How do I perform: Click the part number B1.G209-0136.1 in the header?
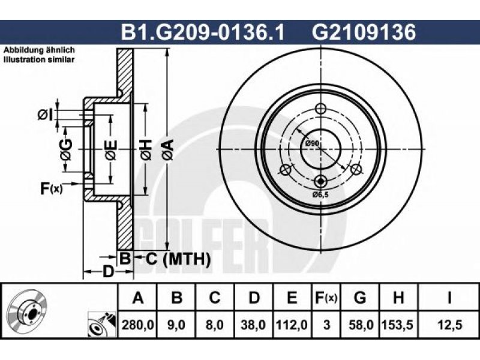tap(203, 32)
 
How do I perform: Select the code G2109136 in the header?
tap(364, 32)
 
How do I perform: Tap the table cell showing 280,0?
tap(138, 325)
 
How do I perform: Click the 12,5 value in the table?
tap(449, 325)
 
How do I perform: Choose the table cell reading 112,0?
tap(292, 325)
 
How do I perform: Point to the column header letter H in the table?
tap(398, 298)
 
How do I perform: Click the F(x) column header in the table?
tap(326, 298)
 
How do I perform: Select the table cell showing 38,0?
tap(253, 325)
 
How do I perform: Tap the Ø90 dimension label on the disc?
tap(312, 143)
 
